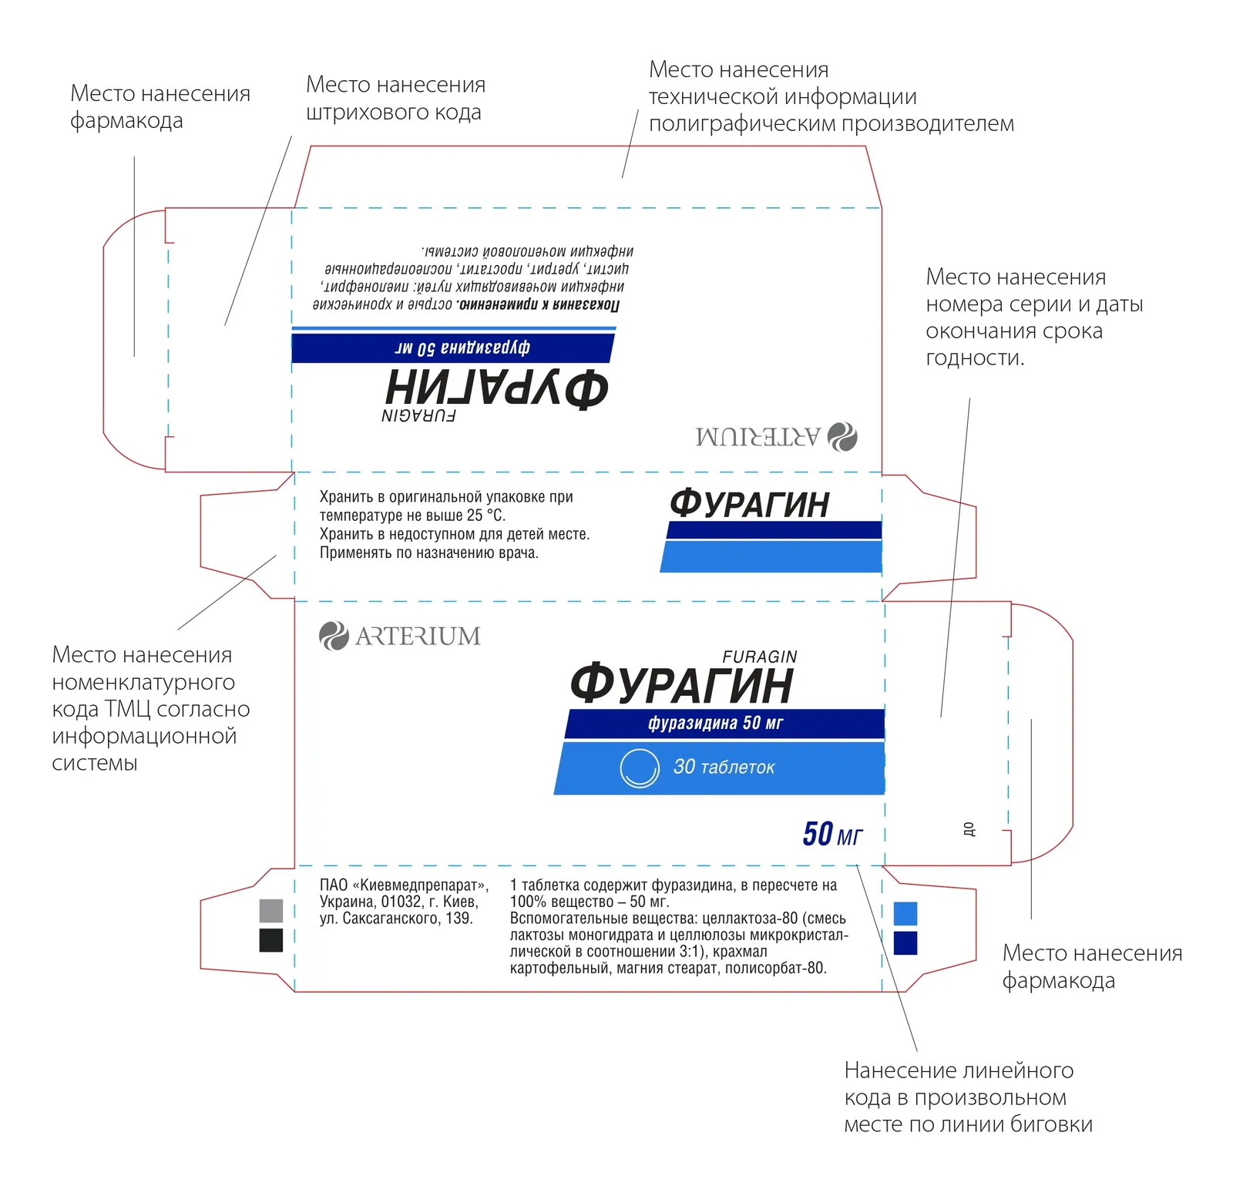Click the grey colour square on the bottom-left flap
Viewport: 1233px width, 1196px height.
click(271, 911)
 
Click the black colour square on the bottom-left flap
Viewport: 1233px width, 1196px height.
click(271, 940)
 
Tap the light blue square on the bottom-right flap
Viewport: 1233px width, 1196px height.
click(905, 913)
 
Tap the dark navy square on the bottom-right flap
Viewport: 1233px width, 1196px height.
click(905, 943)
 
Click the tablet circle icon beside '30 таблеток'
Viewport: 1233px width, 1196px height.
click(640, 768)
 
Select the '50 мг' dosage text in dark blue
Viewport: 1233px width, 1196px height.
click(832, 834)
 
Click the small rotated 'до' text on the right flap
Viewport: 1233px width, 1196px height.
click(969, 829)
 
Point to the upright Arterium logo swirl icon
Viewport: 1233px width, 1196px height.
click(334, 636)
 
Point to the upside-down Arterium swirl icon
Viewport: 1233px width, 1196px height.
click(842, 437)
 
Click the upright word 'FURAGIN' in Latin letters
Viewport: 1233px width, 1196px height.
click(760, 657)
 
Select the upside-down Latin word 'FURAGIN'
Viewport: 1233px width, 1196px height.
click(418, 416)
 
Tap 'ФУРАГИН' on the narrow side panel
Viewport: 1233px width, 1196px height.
click(749, 504)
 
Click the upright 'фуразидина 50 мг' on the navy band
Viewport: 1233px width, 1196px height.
click(715, 723)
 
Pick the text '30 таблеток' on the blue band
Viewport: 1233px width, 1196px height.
click(724, 767)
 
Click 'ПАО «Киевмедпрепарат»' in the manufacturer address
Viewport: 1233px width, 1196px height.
click(404, 885)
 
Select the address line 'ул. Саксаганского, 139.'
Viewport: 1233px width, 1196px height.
click(396, 919)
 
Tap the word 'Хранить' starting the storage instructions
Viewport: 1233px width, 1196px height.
click(347, 497)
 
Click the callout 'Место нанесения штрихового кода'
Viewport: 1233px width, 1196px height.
click(395, 98)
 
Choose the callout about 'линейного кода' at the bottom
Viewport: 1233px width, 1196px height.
click(968, 1097)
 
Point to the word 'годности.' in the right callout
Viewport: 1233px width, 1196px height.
click(975, 358)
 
